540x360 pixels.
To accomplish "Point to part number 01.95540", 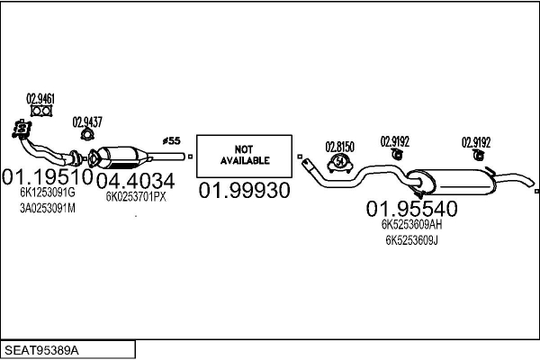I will (x=411, y=209).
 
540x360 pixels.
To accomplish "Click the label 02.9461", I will (x=40, y=99).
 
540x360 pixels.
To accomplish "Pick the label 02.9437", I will (x=87, y=121).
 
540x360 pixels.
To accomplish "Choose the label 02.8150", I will (x=341, y=146).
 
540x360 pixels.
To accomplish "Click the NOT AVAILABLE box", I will (x=245, y=154).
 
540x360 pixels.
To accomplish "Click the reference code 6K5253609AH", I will (x=411, y=225).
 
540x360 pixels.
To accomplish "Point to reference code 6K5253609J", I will (x=411, y=240).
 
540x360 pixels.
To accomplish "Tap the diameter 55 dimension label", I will (x=172, y=140).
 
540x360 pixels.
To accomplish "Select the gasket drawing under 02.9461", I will (x=40, y=112).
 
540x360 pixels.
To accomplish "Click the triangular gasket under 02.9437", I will (x=87, y=135).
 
